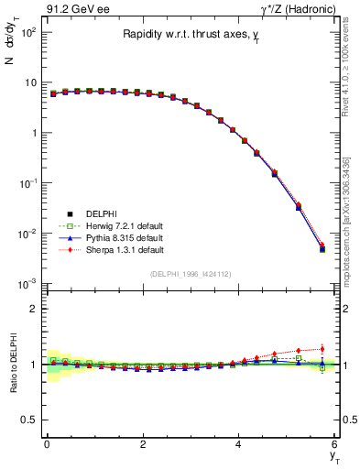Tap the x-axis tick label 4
pos(239,444)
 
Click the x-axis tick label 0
pos(47,444)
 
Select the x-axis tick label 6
pos(335,444)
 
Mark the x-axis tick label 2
pos(143,444)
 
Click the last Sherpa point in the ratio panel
pos(322,348)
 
